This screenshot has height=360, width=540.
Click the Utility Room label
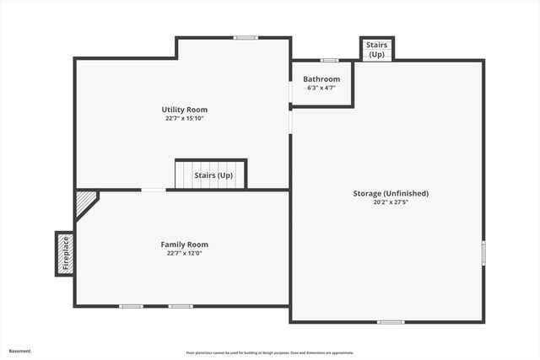(x=184, y=110)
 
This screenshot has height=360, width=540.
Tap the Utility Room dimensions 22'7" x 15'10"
(x=184, y=119)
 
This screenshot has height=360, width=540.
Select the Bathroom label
(x=321, y=79)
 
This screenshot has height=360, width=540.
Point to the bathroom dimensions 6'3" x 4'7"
(x=321, y=88)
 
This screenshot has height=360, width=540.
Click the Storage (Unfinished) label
(x=391, y=193)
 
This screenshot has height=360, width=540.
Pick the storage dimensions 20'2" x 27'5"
(x=391, y=202)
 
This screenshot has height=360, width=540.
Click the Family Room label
(x=184, y=244)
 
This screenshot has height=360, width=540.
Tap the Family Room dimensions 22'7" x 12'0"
(x=184, y=253)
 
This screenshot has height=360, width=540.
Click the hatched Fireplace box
(x=64, y=253)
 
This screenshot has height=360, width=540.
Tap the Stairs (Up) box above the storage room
(x=376, y=49)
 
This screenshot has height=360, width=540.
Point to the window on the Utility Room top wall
(x=246, y=37)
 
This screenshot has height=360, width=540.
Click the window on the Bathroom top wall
(x=329, y=60)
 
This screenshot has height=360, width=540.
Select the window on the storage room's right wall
(x=483, y=252)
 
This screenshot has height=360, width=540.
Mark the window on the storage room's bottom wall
(x=390, y=322)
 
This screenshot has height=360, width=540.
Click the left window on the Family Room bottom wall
(x=131, y=306)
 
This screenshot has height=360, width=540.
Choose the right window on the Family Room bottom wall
(x=180, y=306)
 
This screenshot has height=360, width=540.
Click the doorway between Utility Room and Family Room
(x=153, y=190)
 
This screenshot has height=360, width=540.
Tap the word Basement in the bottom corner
(x=20, y=351)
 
